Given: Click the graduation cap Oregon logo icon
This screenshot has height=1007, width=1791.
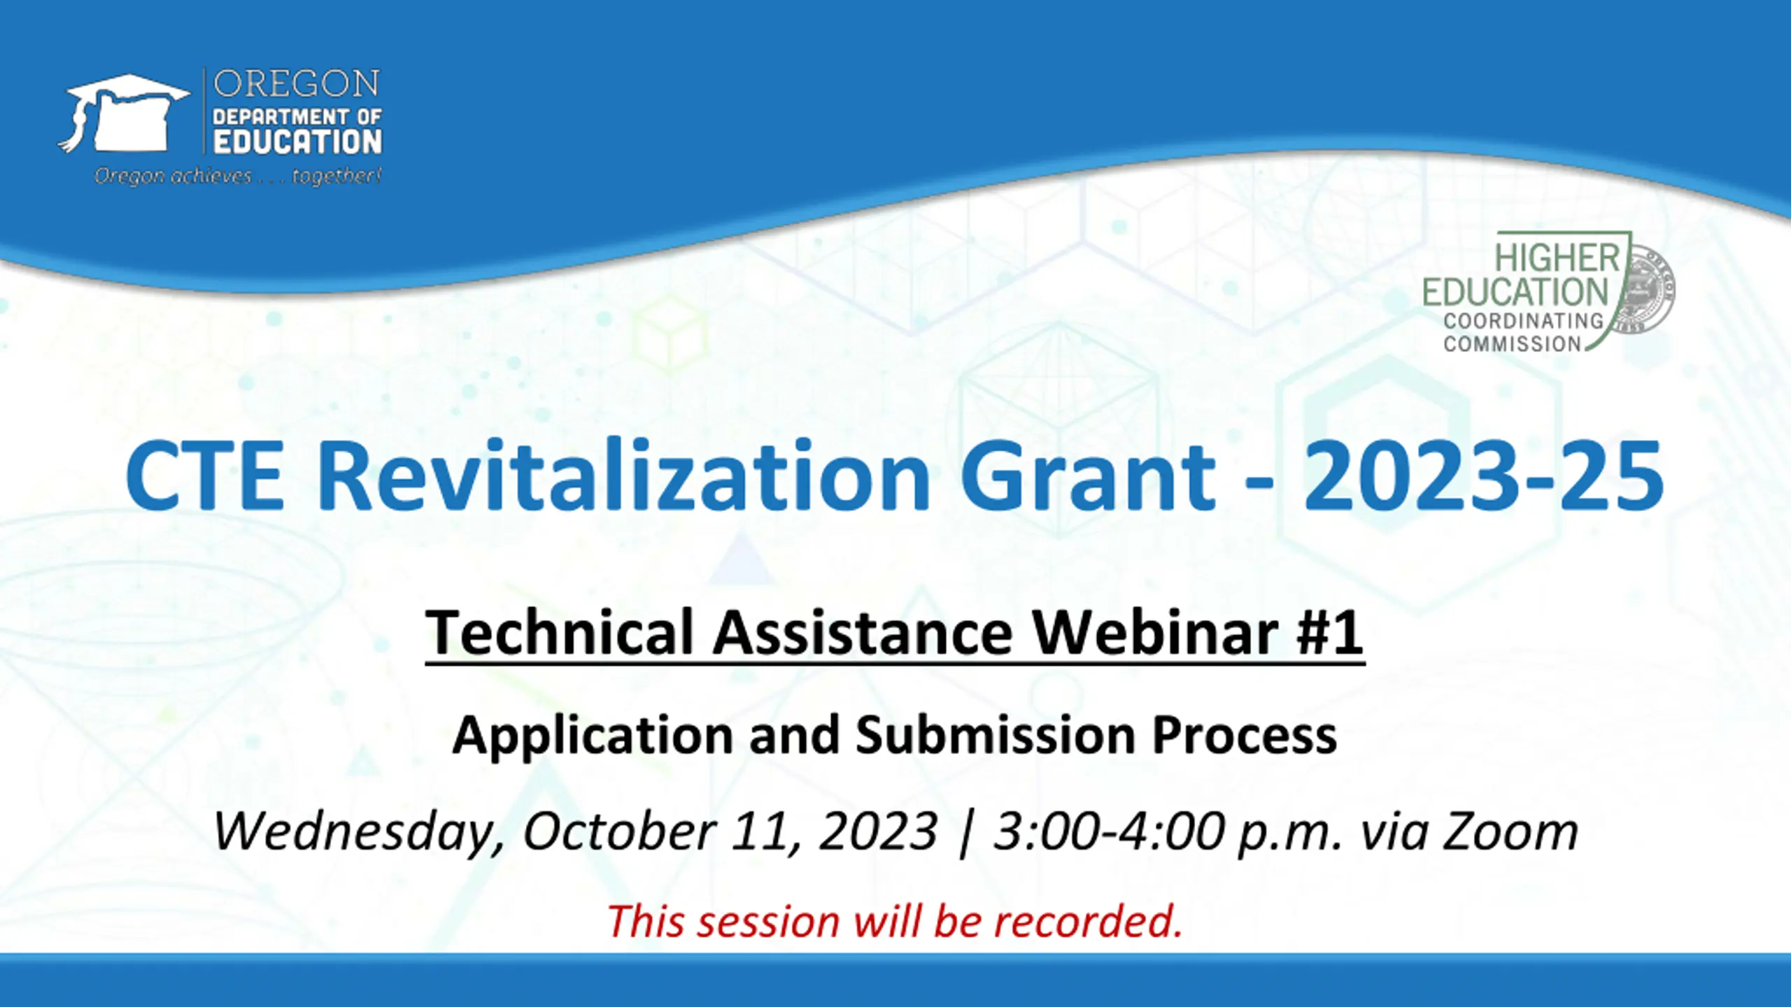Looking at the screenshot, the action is point(124,113).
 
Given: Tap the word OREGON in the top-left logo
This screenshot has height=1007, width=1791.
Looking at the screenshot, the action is point(297,85).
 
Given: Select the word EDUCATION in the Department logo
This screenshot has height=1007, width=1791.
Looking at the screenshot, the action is point(297,142).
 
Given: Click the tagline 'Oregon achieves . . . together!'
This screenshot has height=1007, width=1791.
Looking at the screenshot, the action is point(238,176).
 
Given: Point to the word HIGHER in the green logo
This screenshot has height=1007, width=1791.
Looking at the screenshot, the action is point(1557,259).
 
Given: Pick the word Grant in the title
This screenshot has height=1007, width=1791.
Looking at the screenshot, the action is point(1089,476).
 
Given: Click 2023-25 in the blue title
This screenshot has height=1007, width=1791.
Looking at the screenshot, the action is point(1482,476).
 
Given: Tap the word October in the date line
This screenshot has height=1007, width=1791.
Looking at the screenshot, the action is point(618,832).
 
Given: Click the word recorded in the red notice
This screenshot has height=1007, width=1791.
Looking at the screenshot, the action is point(1088,922).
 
